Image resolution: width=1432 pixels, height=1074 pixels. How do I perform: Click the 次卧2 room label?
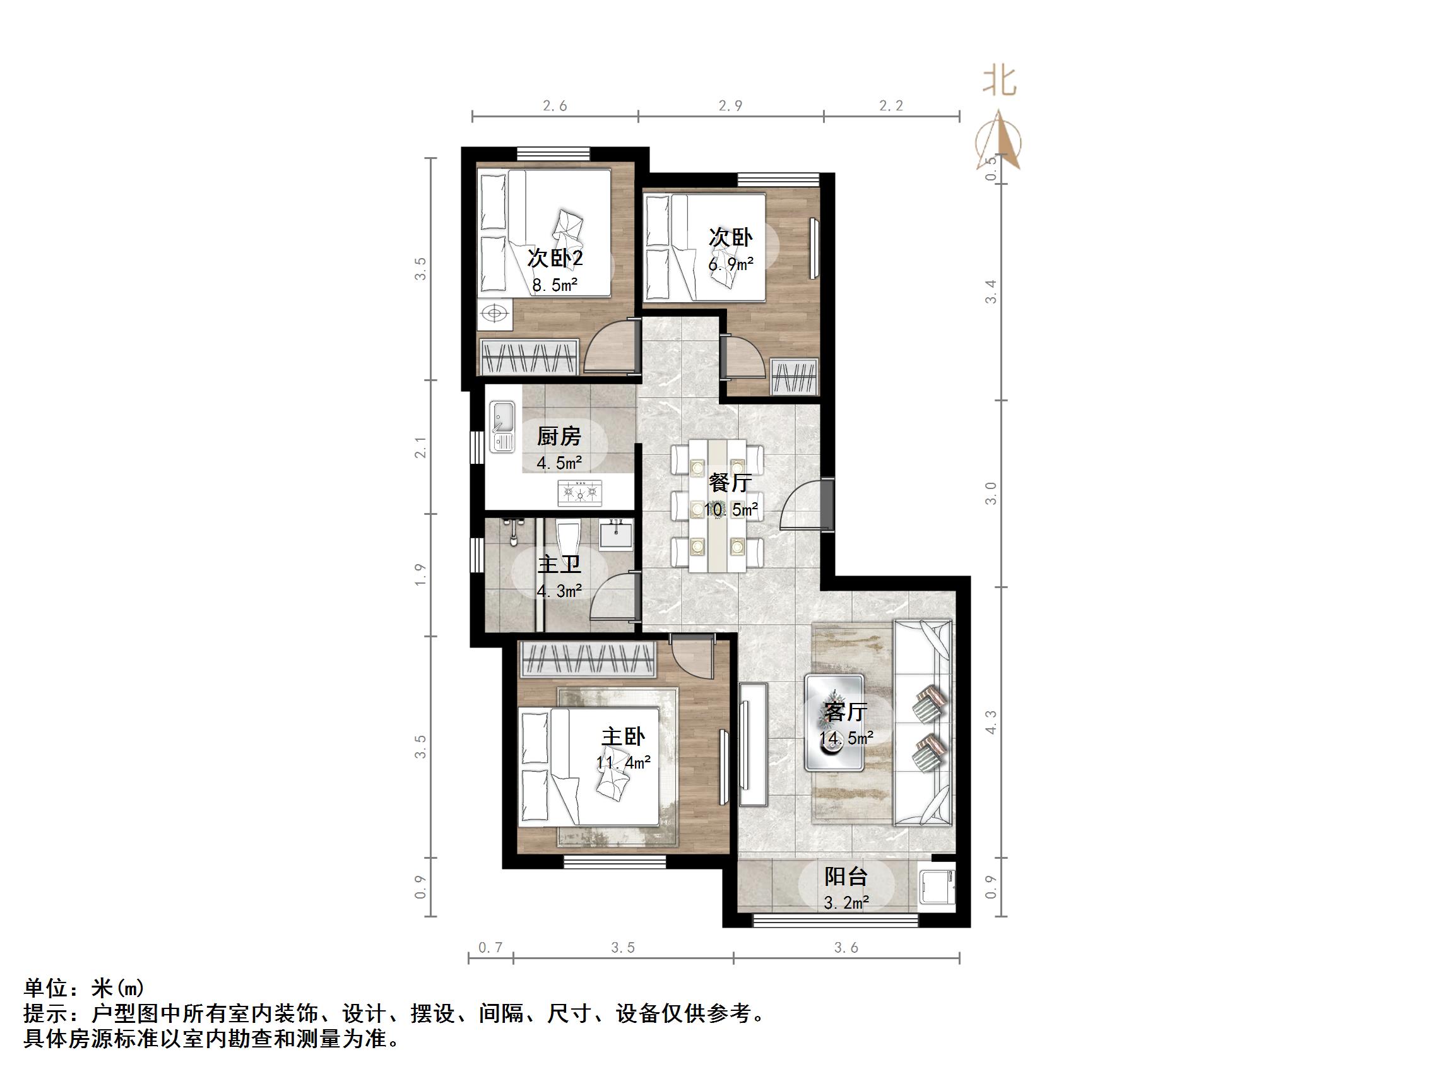[555, 257]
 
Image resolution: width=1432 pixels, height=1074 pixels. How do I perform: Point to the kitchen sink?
[502, 425]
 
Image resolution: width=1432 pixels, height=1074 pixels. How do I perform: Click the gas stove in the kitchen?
[580, 493]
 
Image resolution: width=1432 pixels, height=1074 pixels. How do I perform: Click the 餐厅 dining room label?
[730, 482]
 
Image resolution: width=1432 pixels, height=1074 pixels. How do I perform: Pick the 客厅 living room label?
[846, 712]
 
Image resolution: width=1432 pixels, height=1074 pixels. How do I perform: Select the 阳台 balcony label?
[846, 876]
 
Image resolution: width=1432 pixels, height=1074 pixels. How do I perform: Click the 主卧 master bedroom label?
[623, 736]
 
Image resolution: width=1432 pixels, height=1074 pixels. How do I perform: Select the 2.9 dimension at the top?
[730, 105]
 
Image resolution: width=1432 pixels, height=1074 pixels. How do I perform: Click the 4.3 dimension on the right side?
[990, 722]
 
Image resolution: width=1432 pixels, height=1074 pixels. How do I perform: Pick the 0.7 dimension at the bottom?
[490, 948]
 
